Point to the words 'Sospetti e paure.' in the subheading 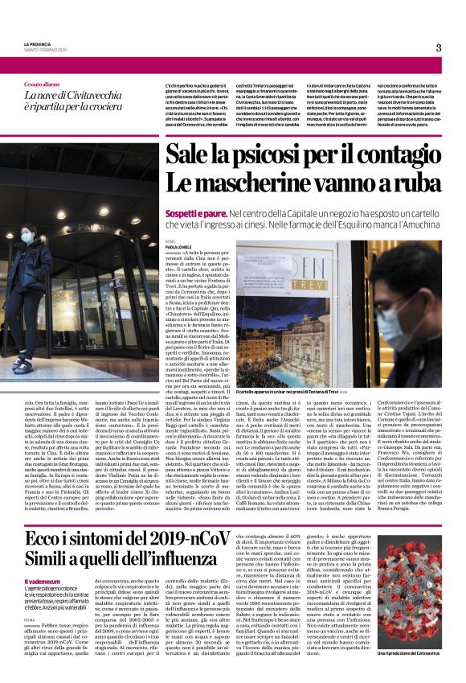(x=195, y=212)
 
